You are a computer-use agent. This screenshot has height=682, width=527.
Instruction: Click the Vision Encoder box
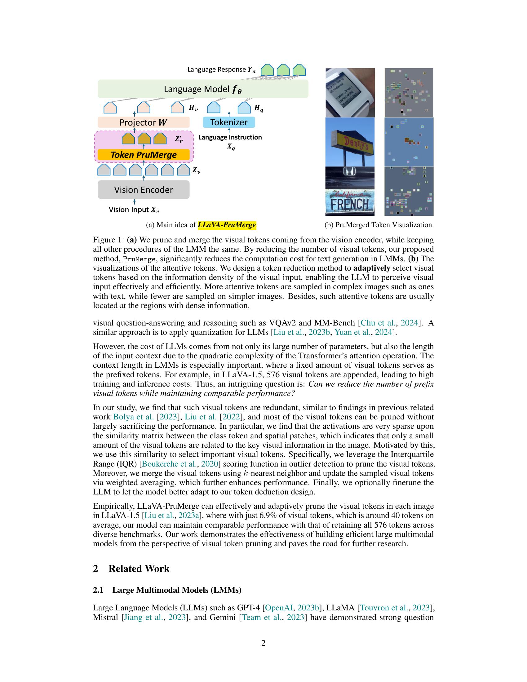click(x=143, y=189)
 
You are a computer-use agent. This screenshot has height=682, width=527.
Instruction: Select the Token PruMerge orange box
click(x=143, y=155)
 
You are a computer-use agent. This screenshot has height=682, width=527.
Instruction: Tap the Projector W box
click(x=143, y=122)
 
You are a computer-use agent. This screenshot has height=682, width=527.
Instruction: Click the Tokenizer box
click(x=229, y=122)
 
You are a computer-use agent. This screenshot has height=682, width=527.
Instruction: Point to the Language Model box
click(x=203, y=89)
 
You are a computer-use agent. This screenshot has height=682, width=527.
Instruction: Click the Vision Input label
click(x=134, y=210)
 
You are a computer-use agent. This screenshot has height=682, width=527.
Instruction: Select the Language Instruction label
click(x=230, y=137)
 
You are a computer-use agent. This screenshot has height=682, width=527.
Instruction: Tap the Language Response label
click(x=221, y=70)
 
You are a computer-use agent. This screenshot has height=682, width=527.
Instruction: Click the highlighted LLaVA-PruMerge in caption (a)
click(x=227, y=225)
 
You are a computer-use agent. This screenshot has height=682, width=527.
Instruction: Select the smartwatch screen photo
click(x=350, y=92)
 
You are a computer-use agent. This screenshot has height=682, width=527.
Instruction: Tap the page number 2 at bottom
click(x=263, y=643)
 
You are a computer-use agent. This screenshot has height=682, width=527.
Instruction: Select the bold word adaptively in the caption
click(x=371, y=268)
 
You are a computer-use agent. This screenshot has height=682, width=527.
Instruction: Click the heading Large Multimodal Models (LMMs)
click(x=177, y=590)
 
